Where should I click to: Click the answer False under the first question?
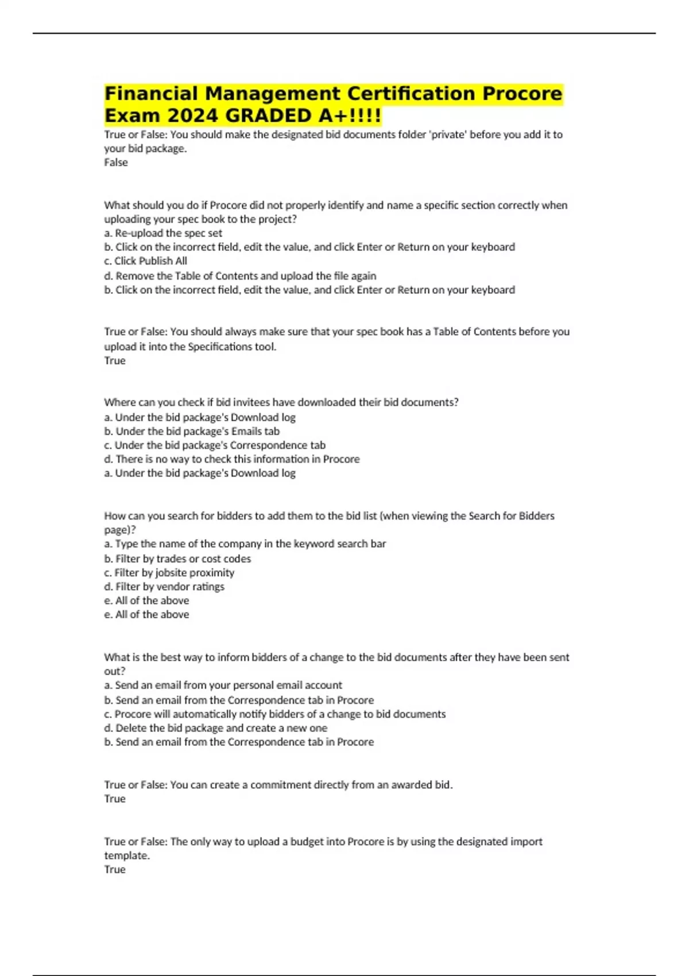pyautogui.click(x=115, y=162)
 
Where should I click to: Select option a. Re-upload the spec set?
pyautogui.click(x=163, y=233)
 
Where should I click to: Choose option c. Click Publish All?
pyautogui.click(x=146, y=261)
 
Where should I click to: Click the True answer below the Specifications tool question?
pyautogui.click(x=114, y=361)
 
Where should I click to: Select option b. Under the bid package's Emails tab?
pyautogui.click(x=192, y=431)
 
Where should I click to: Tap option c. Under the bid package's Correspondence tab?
pyautogui.click(x=215, y=445)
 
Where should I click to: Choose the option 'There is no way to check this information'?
pyautogui.click(x=232, y=459)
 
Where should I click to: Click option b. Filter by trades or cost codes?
pyautogui.click(x=177, y=559)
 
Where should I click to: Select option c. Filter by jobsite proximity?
pyautogui.click(x=169, y=572)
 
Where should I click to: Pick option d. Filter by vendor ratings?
pyautogui.click(x=164, y=586)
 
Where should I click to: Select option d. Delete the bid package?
pyautogui.click(x=216, y=728)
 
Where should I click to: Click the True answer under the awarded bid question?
pyautogui.click(x=114, y=799)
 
